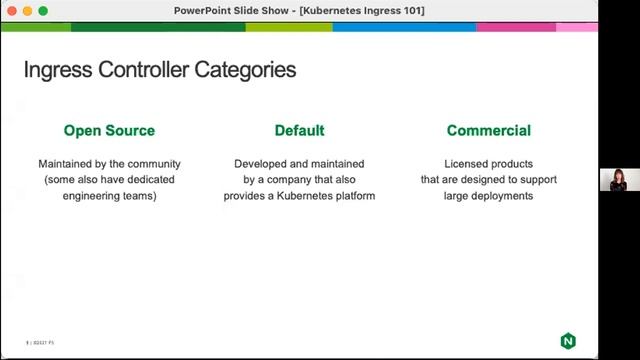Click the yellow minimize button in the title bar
point(27,10)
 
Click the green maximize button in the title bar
point(43,10)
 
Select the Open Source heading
point(109,130)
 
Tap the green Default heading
point(299,130)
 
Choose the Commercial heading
point(488,130)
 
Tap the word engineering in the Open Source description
point(97,196)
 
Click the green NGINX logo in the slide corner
point(568,341)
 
